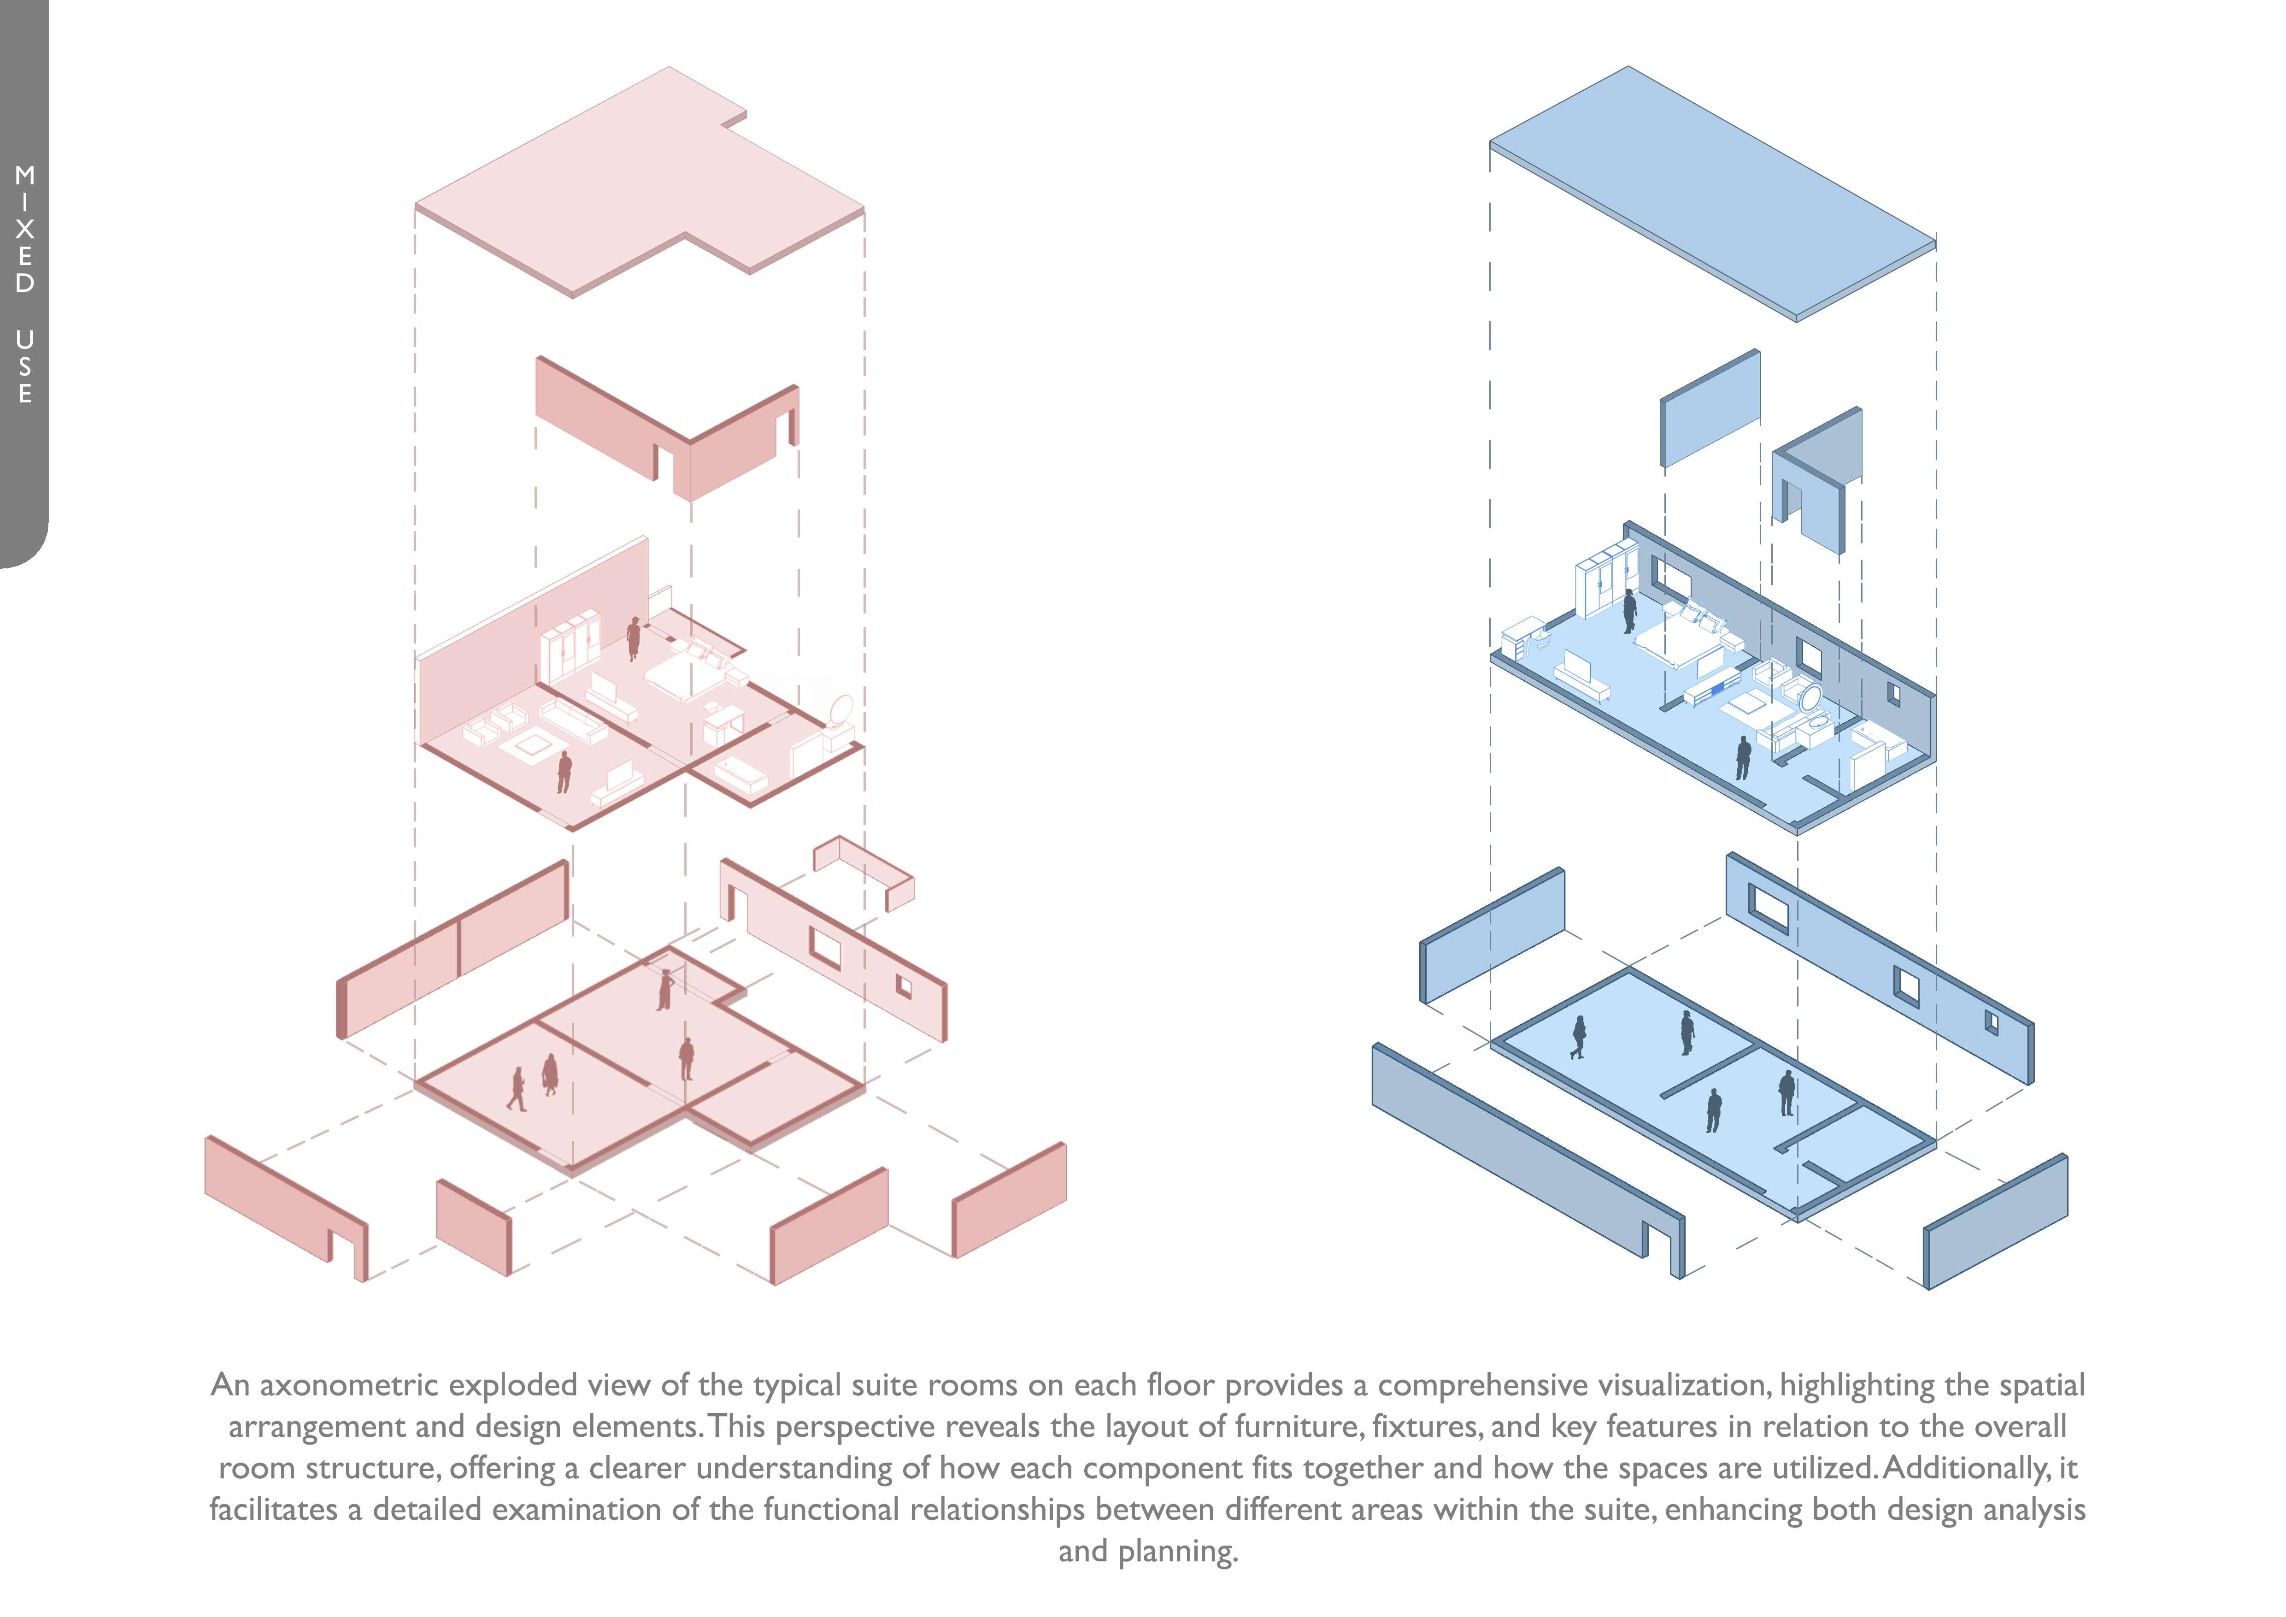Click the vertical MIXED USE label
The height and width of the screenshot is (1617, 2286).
[x=24, y=284]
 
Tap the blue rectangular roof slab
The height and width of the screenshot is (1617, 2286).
[x=1712, y=189]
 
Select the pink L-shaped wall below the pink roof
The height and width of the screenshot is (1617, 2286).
[x=667, y=428]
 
